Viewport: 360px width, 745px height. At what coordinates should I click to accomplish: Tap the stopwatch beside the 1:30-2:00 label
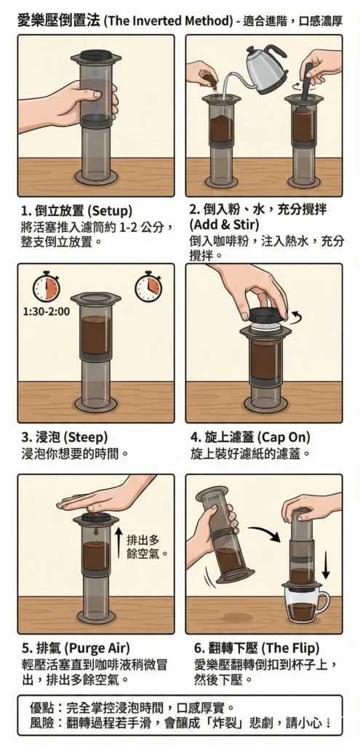tap(46, 287)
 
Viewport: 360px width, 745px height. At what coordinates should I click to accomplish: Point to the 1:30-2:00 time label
tap(46, 311)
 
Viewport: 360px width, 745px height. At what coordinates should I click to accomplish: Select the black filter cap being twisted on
tap(268, 314)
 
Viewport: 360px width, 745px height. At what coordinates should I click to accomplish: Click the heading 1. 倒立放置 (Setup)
tap(77, 210)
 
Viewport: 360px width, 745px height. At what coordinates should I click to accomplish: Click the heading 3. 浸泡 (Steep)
tap(65, 437)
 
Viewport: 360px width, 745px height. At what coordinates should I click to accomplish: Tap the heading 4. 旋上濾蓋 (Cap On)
tap(250, 437)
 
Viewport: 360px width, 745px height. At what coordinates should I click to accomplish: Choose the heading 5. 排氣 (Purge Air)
tap(76, 648)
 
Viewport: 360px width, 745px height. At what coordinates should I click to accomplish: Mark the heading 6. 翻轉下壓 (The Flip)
tap(257, 648)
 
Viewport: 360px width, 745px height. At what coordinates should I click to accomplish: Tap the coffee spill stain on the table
tap(238, 617)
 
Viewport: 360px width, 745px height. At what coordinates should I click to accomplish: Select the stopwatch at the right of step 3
tap(148, 287)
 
